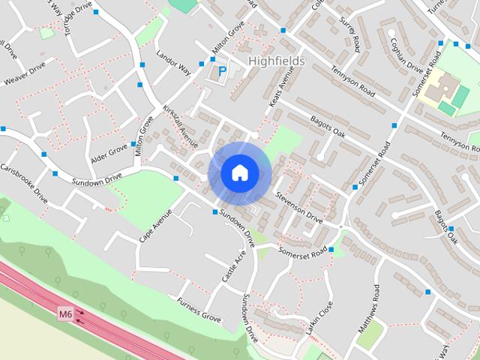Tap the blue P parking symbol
[x=222, y=72]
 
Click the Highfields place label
[x=276, y=61]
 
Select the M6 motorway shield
[x=66, y=314]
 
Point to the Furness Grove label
[x=199, y=310]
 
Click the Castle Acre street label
[x=233, y=266]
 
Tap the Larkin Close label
[x=319, y=318]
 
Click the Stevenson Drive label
[x=298, y=208]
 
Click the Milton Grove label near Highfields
[x=229, y=38]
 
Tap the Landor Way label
[x=173, y=62]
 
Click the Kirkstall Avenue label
[x=180, y=127]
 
